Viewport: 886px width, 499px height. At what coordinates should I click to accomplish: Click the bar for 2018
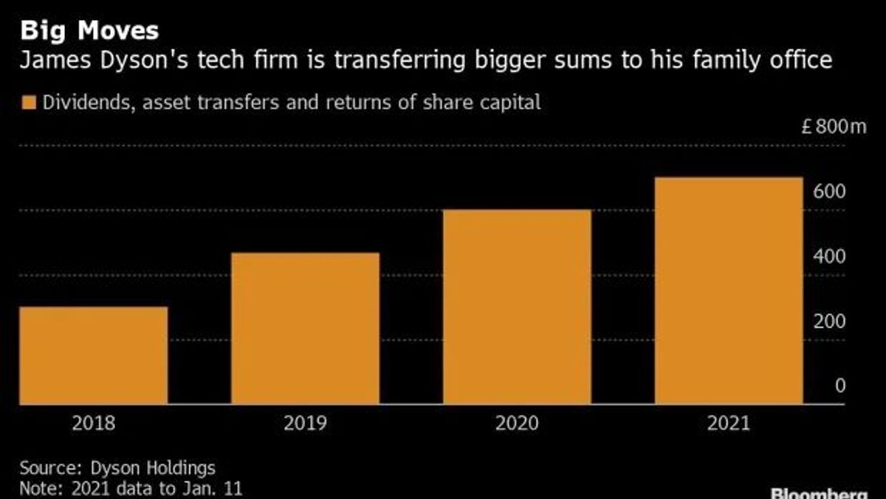94,356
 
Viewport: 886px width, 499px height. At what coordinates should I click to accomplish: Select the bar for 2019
306,328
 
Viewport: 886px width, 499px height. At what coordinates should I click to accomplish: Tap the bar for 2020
517,307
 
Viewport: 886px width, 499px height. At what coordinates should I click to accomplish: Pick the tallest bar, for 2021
729,291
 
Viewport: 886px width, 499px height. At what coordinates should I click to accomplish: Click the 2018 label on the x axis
94,424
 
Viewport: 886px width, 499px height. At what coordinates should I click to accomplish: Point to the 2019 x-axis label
306,424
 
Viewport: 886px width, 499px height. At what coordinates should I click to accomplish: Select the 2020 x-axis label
517,424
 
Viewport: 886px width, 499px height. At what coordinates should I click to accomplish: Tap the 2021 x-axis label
729,424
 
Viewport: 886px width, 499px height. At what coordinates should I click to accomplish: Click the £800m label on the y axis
834,126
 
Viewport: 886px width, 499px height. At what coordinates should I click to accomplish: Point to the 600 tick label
829,191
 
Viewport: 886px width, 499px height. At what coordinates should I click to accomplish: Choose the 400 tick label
829,257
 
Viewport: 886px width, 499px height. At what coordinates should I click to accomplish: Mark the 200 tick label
829,322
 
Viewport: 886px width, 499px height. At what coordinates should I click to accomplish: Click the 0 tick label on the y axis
840,386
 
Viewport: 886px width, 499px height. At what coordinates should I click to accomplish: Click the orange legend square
29,102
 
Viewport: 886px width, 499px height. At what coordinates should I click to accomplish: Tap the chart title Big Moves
89,30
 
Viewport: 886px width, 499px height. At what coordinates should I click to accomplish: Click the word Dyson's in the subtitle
144,60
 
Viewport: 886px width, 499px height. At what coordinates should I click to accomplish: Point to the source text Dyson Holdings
153,469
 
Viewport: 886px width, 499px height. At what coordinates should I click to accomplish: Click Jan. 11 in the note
212,489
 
